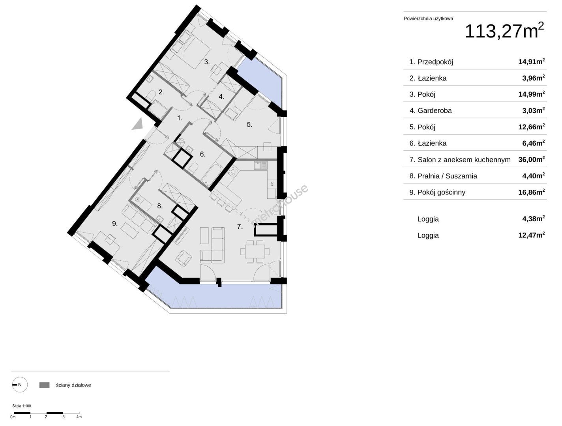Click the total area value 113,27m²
point(504,31)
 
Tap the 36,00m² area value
point(532,159)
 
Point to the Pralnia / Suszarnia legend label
point(447,176)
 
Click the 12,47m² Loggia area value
point(532,235)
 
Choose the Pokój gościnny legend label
point(441,192)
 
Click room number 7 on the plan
point(240,226)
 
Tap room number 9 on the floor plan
point(115,224)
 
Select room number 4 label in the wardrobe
point(221,97)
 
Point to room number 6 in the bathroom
point(202,154)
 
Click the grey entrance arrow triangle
point(138,125)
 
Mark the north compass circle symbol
point(20,385)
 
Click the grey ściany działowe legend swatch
point(44,385)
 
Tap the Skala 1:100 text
point(21,405)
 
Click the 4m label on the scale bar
point(79,417)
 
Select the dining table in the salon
point(255,251)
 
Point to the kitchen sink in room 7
point(260,165)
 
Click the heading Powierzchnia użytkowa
point(428,19)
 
